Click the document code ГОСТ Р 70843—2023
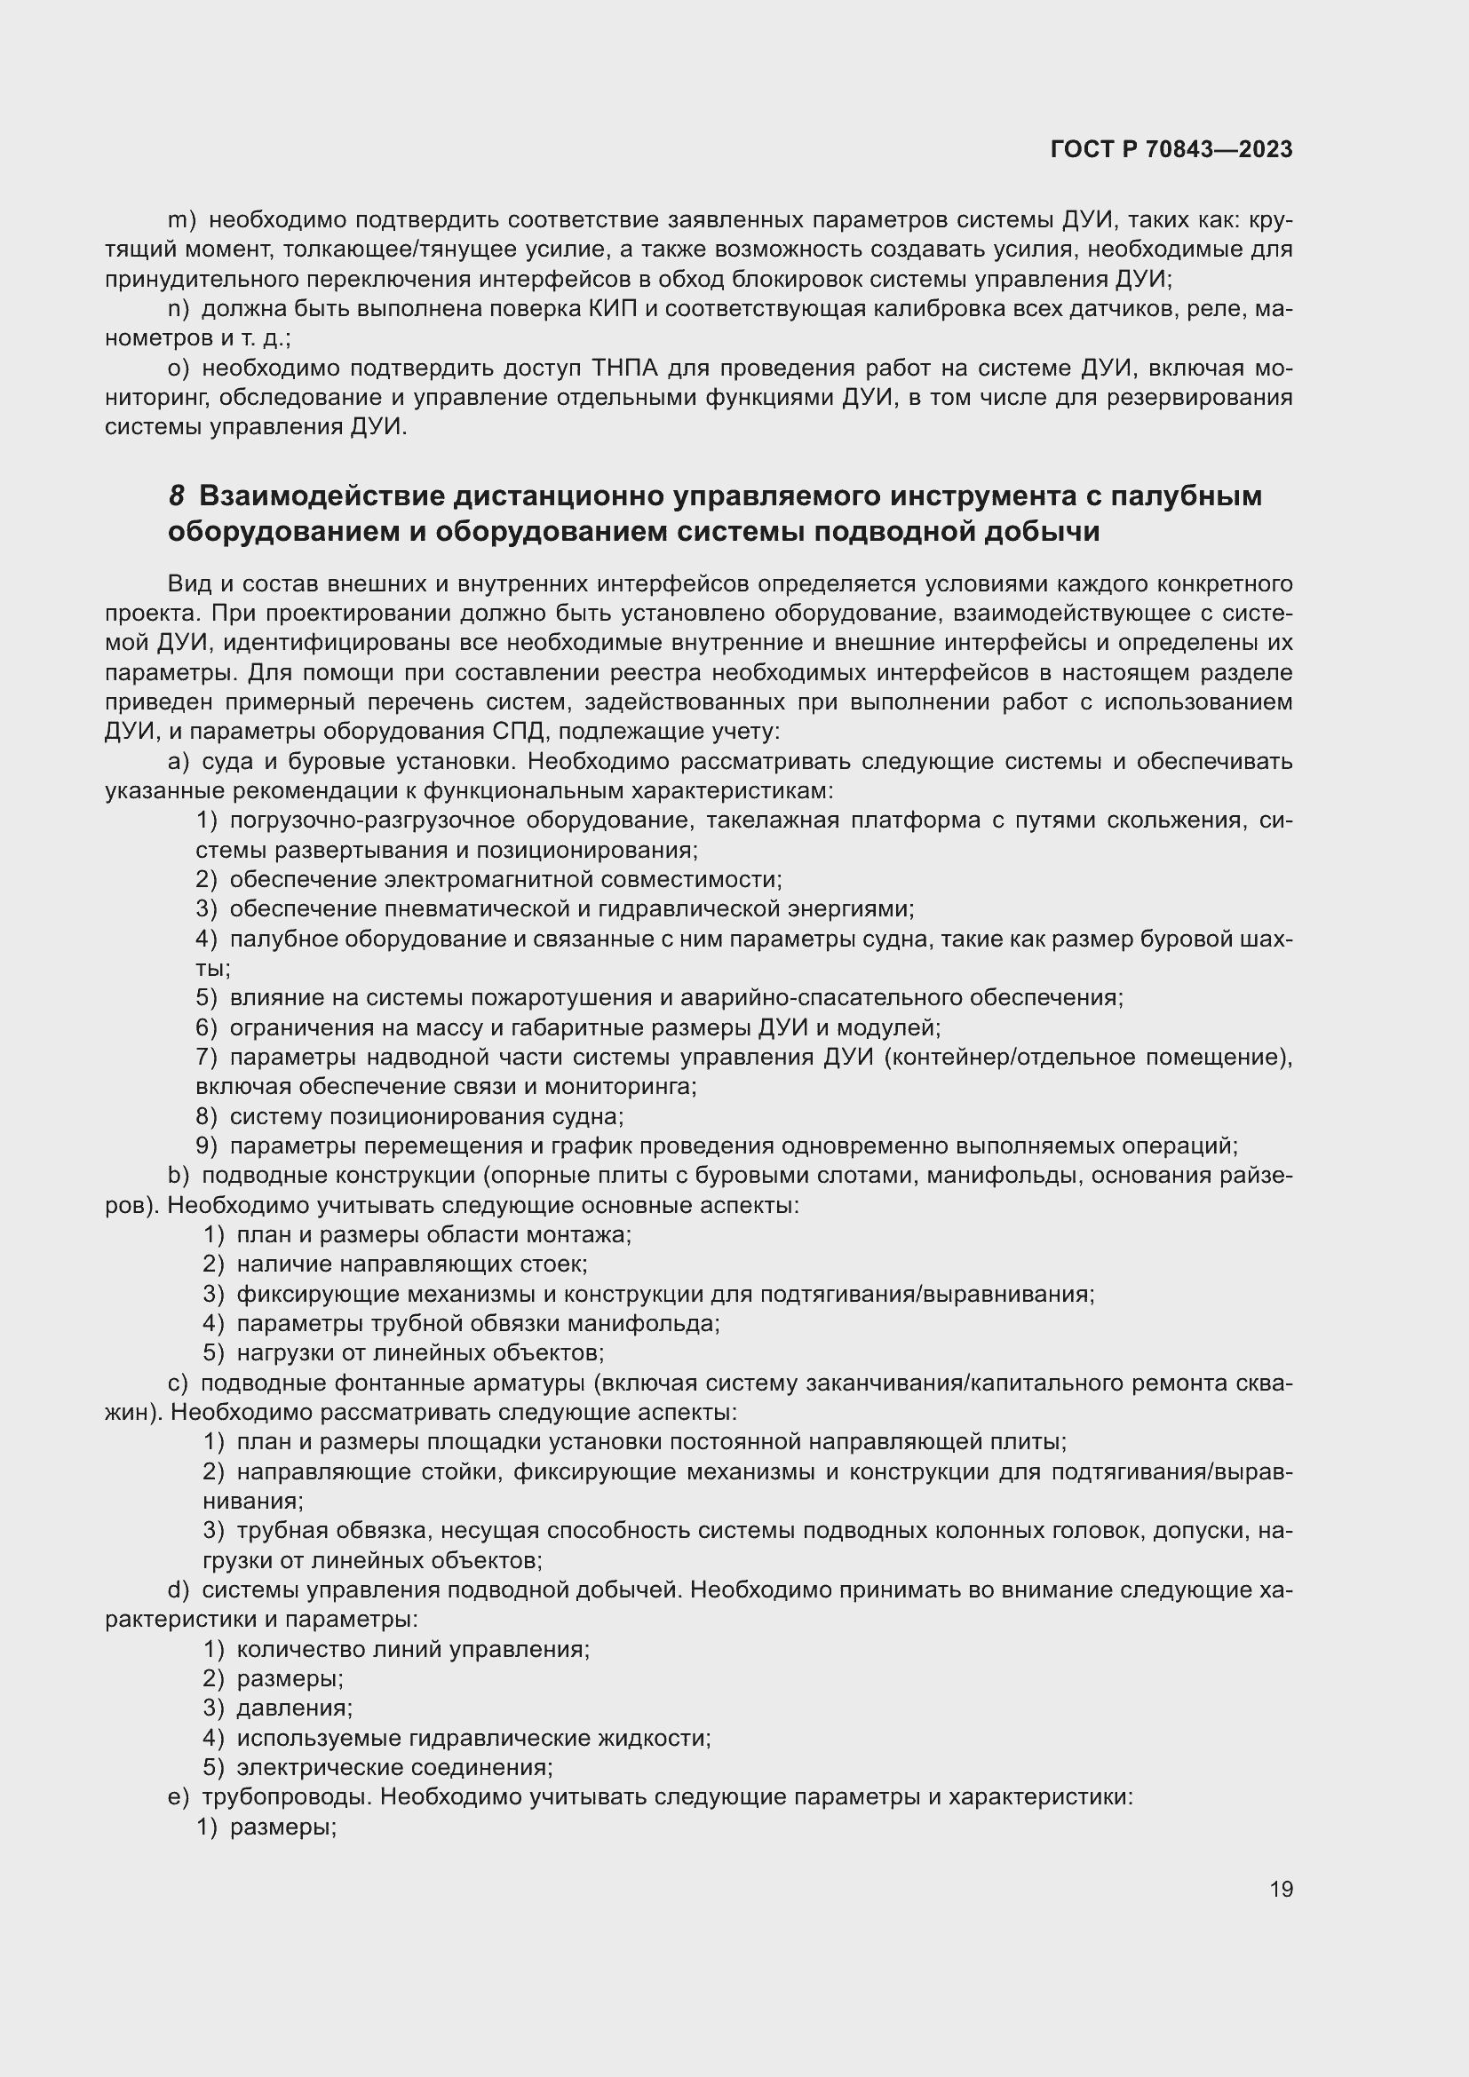1171,150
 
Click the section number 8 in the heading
178,496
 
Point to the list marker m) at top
182,220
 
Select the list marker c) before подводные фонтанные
179,1383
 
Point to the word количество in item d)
300,1649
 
